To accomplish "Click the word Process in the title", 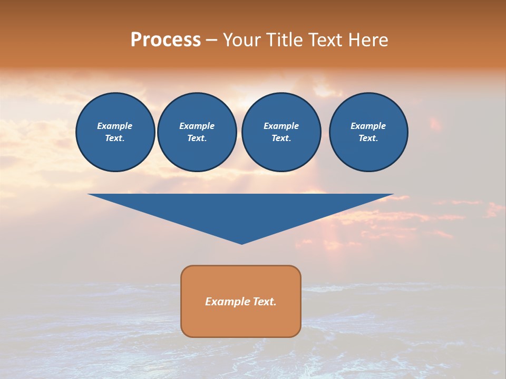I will click(x=166, y=40).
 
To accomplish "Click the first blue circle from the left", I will click(x=115, y=132).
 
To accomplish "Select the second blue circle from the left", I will click(x=197, y=132).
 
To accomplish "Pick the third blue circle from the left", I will click(x=281, y=132).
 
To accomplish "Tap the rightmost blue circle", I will click(x=368, y=132).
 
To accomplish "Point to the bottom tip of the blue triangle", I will click(x=241, y=243).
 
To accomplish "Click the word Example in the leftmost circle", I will click(x=115, y=126).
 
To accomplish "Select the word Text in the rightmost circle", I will click(x=368, y=138).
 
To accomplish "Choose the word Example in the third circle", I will click(x=281, y=126).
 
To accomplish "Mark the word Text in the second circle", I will click(x=197, y=138).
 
